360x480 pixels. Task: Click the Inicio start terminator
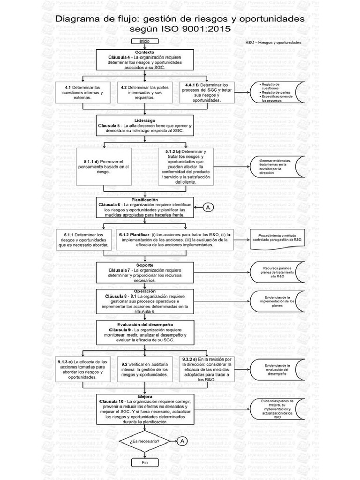tap(144, 41)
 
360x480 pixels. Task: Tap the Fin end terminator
tap(144, 462)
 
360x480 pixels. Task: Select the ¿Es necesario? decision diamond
tap(144, 441)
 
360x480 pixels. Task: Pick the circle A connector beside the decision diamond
tap(182, 441)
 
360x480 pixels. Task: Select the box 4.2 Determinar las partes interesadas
tap(145, 93)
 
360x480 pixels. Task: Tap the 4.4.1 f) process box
tap(207, 93)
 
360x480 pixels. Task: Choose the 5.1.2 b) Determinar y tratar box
tap(186, 166)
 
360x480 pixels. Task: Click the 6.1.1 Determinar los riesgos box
tap(83, 240)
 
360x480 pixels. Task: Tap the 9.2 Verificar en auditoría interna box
tap(144, 370)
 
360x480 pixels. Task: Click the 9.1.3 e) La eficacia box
tap(82, 370)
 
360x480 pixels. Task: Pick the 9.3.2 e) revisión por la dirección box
tap(206, 370)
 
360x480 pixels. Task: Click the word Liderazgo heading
tap(145, 120)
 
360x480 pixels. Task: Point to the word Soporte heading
tap(145, 265)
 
